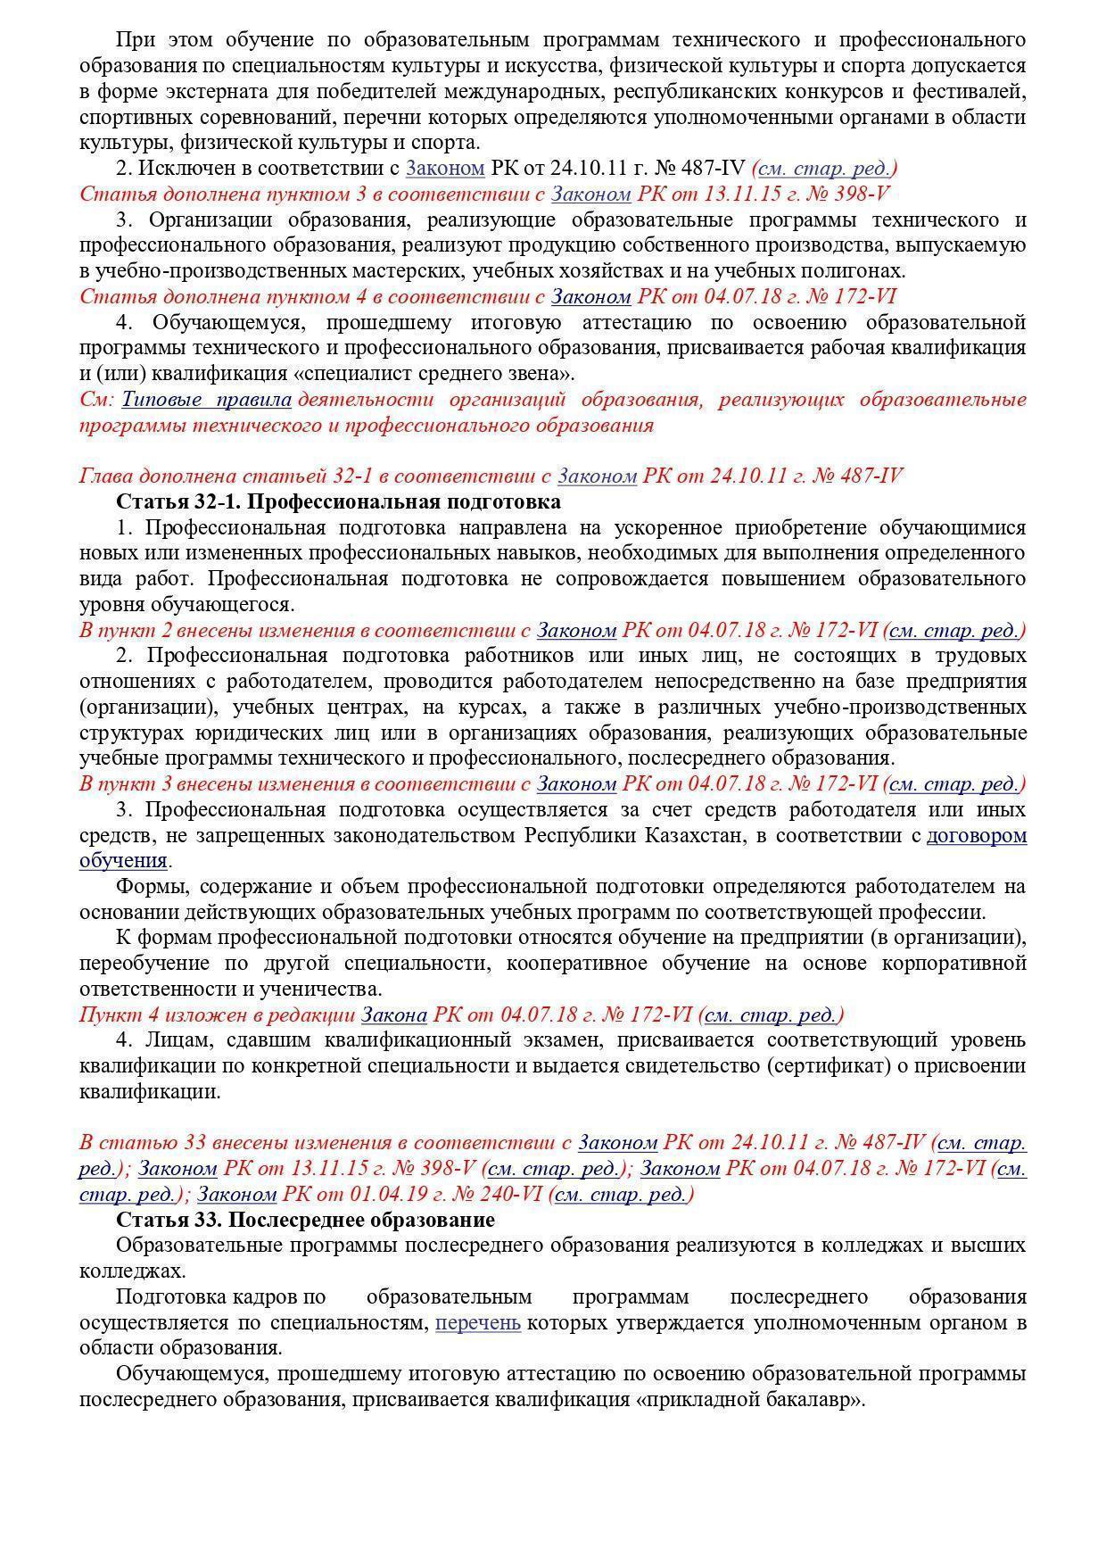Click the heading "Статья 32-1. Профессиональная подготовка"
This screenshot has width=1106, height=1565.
point(338,501)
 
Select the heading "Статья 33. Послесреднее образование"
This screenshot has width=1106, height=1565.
point(305,1220)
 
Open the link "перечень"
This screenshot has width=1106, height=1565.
point(478,1322)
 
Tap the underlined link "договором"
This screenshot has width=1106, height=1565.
point(977,836)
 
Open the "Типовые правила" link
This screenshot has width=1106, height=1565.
point(207,400)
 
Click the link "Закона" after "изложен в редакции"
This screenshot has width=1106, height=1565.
point(394,1015)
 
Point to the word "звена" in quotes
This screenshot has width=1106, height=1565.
point(541,374)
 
